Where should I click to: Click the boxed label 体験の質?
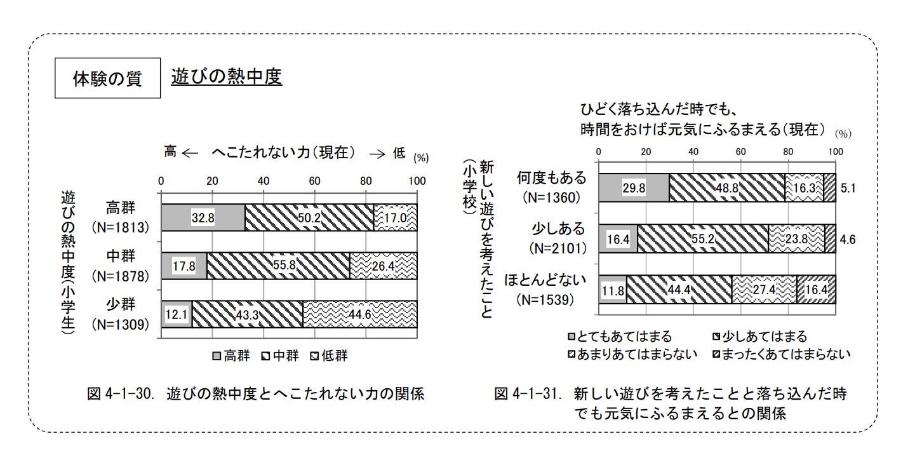click(108, 79)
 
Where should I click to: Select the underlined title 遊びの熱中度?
click(226, 77)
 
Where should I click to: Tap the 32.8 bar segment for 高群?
click(203, 218)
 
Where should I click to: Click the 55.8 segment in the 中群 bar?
click(278, 266)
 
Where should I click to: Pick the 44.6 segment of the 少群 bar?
click(359, 314)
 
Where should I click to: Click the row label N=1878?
click(120, 276)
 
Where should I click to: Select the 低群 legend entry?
click(330, 356)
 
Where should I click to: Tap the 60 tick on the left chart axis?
click(315, 181)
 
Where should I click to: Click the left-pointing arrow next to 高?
click(190, 153)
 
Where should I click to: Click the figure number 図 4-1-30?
click(121, 394)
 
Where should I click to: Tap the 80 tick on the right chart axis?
click(788, 152)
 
